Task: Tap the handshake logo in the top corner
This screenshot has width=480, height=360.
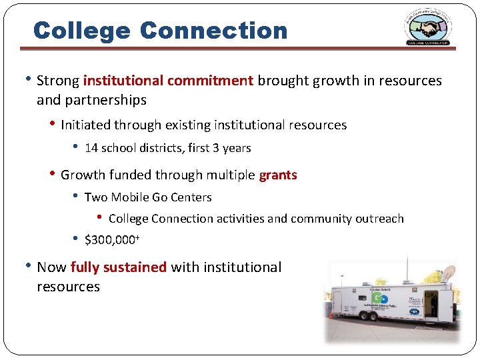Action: [x=427, y=28]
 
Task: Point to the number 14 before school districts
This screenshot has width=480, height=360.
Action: [x=91, y=148]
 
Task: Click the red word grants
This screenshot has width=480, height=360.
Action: [x=278, y=175]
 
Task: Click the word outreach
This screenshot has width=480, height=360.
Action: [x=380, y=219]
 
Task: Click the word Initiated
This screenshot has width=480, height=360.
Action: [x=85, y=125]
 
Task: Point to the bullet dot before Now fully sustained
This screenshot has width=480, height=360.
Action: [x=27, y=266]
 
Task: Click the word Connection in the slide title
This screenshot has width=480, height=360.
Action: [x=214, y=30]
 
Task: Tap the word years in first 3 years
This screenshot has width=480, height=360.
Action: [x=237, y=148]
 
